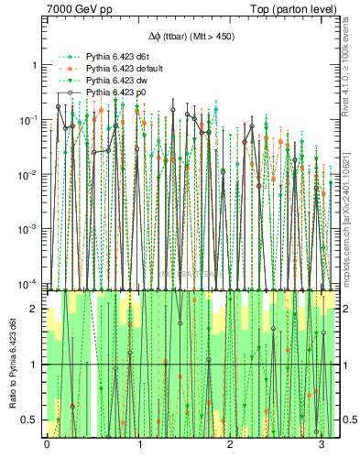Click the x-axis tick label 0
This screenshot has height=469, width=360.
(x=47, y=446)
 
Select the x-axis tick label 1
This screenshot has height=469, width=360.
(x=138, y=446)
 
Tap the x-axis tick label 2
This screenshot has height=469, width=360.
(x=230, y=446)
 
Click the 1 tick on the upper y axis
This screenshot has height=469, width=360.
(x=34, y=66)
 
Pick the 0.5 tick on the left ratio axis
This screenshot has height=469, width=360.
(x=31, y=420)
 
